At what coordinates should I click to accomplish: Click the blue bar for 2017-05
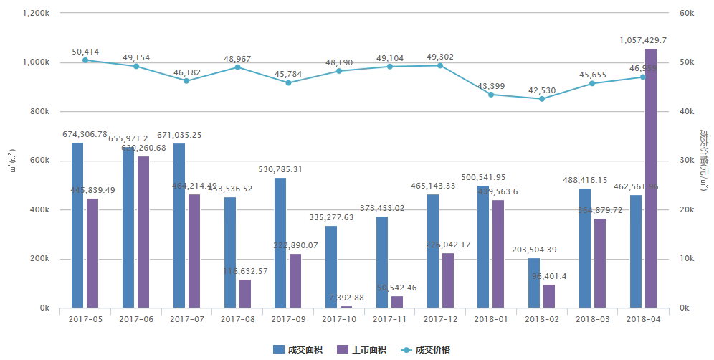[77, 225]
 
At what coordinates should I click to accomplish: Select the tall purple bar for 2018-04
[651, 179]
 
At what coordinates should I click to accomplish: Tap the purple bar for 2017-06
[143, 232]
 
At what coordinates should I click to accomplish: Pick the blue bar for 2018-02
[534, 283]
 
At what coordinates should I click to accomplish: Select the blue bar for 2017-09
[280, 243]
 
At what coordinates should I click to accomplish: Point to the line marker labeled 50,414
[85, 60]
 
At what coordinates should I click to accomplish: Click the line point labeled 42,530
[541, 99]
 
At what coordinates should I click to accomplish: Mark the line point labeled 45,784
[288, 82]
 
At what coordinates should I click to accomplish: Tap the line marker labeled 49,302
[439, 65]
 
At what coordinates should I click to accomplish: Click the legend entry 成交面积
[297, 349]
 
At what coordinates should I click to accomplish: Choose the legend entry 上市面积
[361, 349]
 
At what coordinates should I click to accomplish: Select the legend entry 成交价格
[426, 349]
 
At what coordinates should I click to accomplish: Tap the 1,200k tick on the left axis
[36, 14]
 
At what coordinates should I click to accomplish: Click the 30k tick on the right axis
[686, 161]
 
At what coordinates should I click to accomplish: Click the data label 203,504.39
[534, 250]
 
